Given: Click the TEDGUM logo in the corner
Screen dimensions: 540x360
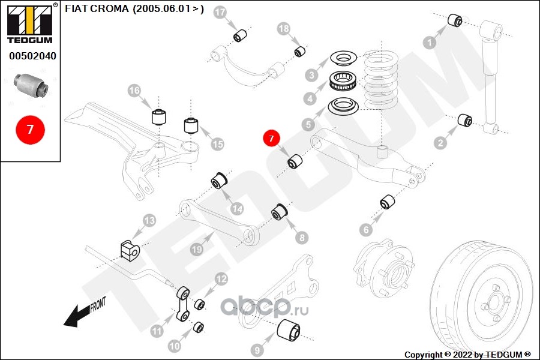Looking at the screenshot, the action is point(30,23).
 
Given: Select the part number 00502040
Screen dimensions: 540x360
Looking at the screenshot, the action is point(32,56).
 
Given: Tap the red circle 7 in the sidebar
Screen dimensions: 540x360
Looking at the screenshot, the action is point(31,130).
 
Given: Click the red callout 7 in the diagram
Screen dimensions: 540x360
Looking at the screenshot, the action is point(271,138).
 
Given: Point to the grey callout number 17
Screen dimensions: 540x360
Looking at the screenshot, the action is point(220,13).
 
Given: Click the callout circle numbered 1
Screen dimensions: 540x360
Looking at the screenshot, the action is point(430,43).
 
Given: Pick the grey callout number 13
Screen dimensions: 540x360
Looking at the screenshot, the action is point(149,220).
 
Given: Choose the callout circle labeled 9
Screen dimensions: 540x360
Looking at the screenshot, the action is point(257,350).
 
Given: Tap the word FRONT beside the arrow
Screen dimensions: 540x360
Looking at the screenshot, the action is point(98,305).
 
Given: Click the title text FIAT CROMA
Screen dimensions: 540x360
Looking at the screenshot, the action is point(97,8).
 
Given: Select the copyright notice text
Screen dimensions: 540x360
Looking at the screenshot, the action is point(467,355).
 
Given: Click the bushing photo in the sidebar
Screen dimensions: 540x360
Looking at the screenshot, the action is point(31,85).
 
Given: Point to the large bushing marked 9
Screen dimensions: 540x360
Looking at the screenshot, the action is point(289,331).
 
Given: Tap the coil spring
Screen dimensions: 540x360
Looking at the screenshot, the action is point(381,80).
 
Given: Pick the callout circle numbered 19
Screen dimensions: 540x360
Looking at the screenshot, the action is point(197,249).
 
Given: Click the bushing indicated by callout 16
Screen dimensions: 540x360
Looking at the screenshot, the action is point(159,117).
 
